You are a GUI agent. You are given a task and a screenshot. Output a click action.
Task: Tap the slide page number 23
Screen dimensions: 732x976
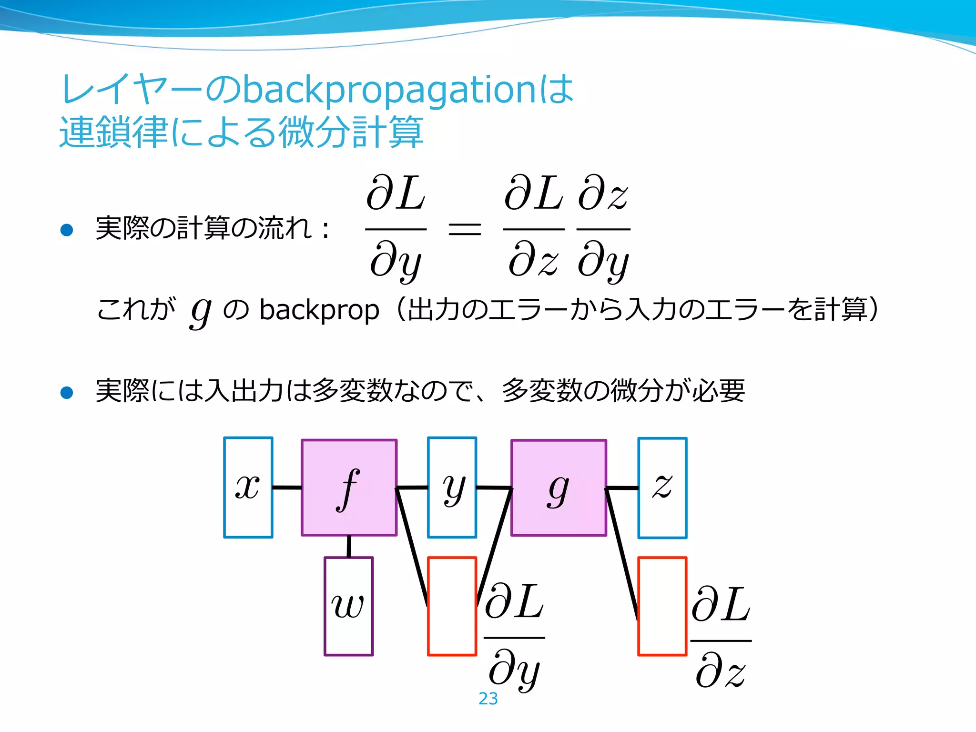488,699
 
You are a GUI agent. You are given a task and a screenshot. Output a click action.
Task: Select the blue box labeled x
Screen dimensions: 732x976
248,488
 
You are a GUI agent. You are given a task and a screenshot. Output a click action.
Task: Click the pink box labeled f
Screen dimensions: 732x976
349,488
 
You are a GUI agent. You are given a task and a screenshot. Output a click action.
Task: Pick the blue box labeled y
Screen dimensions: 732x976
452,488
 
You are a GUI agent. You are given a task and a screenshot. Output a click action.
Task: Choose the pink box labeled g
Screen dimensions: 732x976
559,488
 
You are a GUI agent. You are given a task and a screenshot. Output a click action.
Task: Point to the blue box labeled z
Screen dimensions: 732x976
662,488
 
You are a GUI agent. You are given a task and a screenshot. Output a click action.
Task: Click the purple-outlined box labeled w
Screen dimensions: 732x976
349,606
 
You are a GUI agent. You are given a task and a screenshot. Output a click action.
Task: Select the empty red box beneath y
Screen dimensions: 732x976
452,606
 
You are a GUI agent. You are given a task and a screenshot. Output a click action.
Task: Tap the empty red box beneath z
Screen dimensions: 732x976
662,606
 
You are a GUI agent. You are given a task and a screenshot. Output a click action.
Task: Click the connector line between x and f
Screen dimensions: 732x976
287,488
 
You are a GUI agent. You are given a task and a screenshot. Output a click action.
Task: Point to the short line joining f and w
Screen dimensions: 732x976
349,546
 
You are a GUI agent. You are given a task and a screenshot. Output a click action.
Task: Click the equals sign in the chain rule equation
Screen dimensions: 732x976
465,229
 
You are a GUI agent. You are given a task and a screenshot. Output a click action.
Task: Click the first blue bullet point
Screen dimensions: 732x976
67,230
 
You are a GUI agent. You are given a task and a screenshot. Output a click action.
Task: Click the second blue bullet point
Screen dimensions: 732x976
67,392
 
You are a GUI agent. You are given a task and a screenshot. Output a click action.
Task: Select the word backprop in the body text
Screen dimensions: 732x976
319,310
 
